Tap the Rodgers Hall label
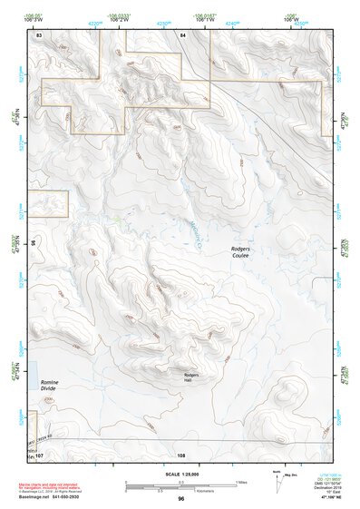(191, 377)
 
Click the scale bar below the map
(180, 484)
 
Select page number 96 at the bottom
(181, 499)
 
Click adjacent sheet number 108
(181, 455)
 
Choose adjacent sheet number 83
(39, 34)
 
